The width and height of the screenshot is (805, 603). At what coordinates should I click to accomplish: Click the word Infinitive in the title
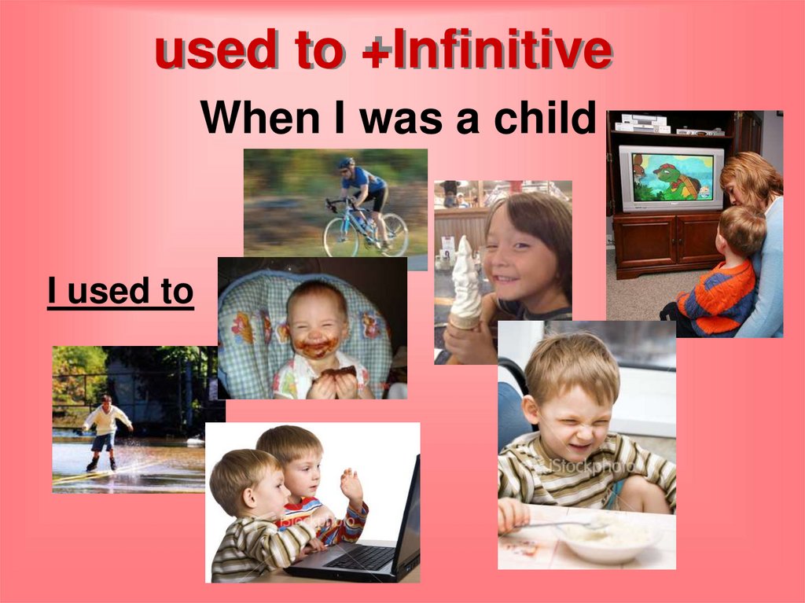point(502,52)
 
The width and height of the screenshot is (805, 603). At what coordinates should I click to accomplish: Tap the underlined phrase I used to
point(120,291)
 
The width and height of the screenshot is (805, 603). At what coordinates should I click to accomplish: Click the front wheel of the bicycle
point(340,237)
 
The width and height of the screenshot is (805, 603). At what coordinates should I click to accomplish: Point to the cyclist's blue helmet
point(346,164)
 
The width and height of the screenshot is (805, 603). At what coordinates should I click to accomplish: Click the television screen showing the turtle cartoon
point(671,178)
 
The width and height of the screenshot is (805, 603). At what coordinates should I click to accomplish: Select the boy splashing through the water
point(105,431)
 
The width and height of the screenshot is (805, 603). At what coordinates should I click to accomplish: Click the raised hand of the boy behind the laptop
point(351,485)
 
